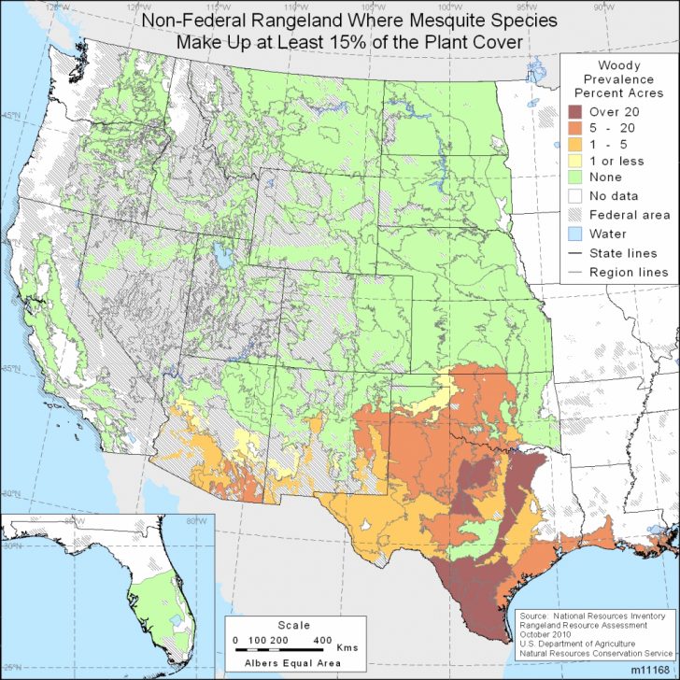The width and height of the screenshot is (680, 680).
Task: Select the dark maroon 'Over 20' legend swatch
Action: coord(576,111)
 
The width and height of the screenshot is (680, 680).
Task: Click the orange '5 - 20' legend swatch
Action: coord(576,128)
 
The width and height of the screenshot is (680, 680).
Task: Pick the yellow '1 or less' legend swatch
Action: coord(576,162)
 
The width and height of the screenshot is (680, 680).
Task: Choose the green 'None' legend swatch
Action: coord(576,178)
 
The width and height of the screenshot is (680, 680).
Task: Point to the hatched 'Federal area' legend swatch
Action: coord(576,215)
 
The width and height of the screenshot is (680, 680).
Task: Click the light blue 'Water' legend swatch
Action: coord(576,234)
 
